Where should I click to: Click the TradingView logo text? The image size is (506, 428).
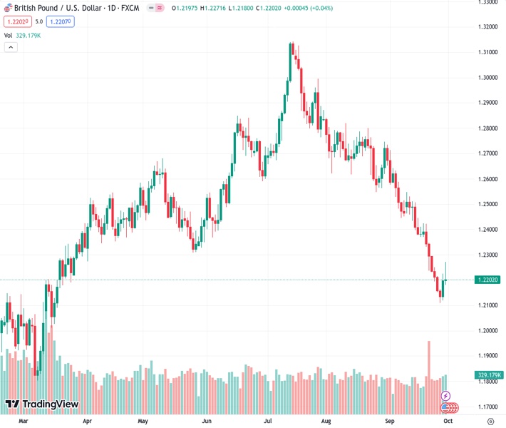coord(50,405)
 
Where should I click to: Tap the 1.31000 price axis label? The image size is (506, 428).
coord(487,52)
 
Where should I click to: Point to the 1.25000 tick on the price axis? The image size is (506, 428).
coord(487,204)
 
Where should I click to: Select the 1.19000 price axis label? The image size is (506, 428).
coord(487,356)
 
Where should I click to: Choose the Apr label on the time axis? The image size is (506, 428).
coord(88,422)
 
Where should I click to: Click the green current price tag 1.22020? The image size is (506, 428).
coord(487,280)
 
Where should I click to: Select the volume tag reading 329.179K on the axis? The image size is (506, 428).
coord(488,375)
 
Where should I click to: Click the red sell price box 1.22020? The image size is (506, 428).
coord(17,21)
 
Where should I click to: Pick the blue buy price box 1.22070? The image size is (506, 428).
coord(61,21)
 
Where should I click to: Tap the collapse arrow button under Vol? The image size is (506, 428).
coord(11,47)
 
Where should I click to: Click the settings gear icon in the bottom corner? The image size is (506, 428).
coord(490,422)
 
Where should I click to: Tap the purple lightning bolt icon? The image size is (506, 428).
coord(446,396)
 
